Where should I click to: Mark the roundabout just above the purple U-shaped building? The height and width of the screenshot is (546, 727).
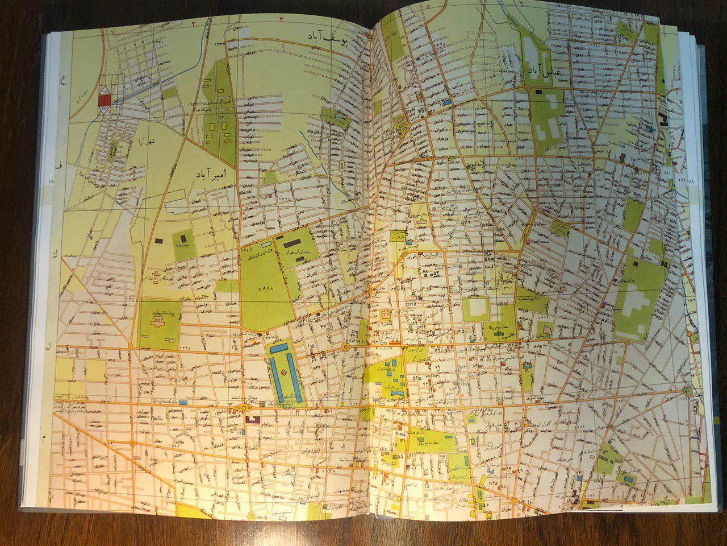tap(246, 407)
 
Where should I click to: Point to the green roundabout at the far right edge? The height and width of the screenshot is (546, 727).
tap(688, 390)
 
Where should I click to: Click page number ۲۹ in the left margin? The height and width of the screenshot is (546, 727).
tap(50, 181)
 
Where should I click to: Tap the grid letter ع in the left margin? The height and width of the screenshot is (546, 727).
tap(64, 81)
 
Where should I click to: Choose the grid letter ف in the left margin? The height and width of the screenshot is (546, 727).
tap(59, 164)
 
